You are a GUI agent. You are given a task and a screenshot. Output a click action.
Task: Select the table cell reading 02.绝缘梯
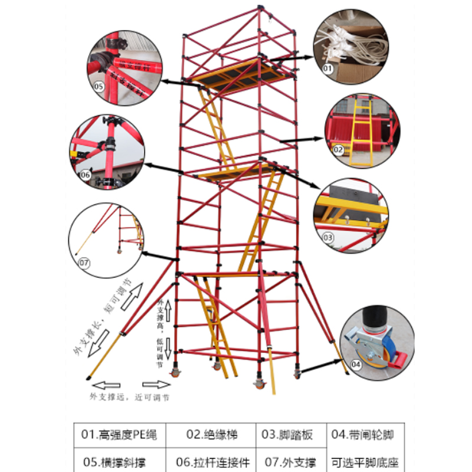click(211, 435)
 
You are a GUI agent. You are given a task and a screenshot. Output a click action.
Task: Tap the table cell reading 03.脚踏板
click(287, 435)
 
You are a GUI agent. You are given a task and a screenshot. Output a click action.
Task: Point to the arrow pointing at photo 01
click(295, 57)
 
